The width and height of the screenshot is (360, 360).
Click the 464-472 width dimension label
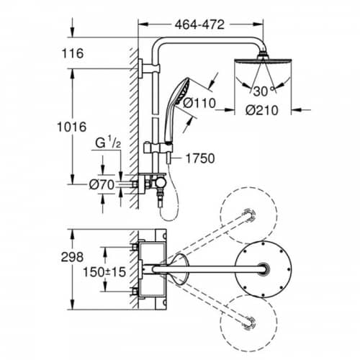tap(199, 24)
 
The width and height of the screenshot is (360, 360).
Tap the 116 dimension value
tap(73, 53)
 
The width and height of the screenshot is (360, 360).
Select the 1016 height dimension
tap(72, 127)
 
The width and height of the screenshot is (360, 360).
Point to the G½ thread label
tap(108, 143)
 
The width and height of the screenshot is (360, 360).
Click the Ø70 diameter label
tap(102, 185)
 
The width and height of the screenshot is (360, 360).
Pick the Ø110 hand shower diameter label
tap(199, 103)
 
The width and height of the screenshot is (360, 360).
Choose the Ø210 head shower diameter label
tap(262, 110)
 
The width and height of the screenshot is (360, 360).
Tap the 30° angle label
tap(264, 91)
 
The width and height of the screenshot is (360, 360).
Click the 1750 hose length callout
tap(200, 158)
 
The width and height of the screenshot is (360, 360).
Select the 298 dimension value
tap(72, 257)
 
